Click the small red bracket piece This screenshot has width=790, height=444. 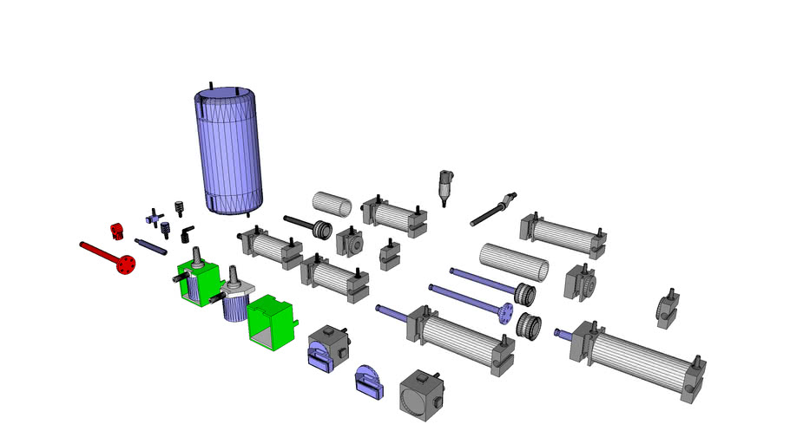[x=117, y=231]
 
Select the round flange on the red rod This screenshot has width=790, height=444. [x=128, y=264]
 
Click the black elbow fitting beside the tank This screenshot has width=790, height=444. [x=185, y=233]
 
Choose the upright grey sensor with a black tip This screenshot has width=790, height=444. [x=445, y=185]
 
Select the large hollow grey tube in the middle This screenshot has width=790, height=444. [x=515, y=261]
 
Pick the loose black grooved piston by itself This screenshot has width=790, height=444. [x=529, y=326]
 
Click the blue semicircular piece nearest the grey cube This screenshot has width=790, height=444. [x=370, y=382]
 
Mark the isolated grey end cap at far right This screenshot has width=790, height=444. [x=667, y=309]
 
